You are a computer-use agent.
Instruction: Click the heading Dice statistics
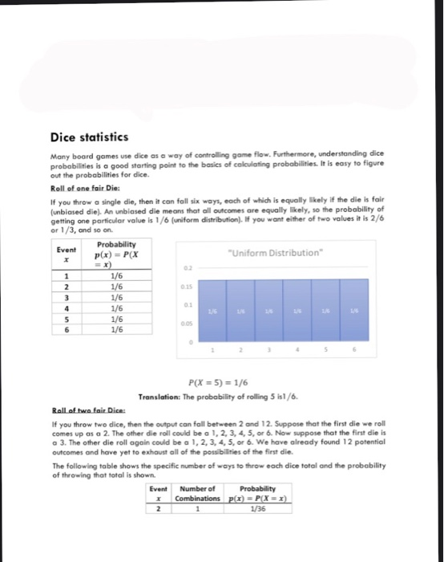point(88,137)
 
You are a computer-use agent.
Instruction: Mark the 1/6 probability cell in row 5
point(116,318)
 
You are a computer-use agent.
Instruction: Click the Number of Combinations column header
point(198,493)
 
